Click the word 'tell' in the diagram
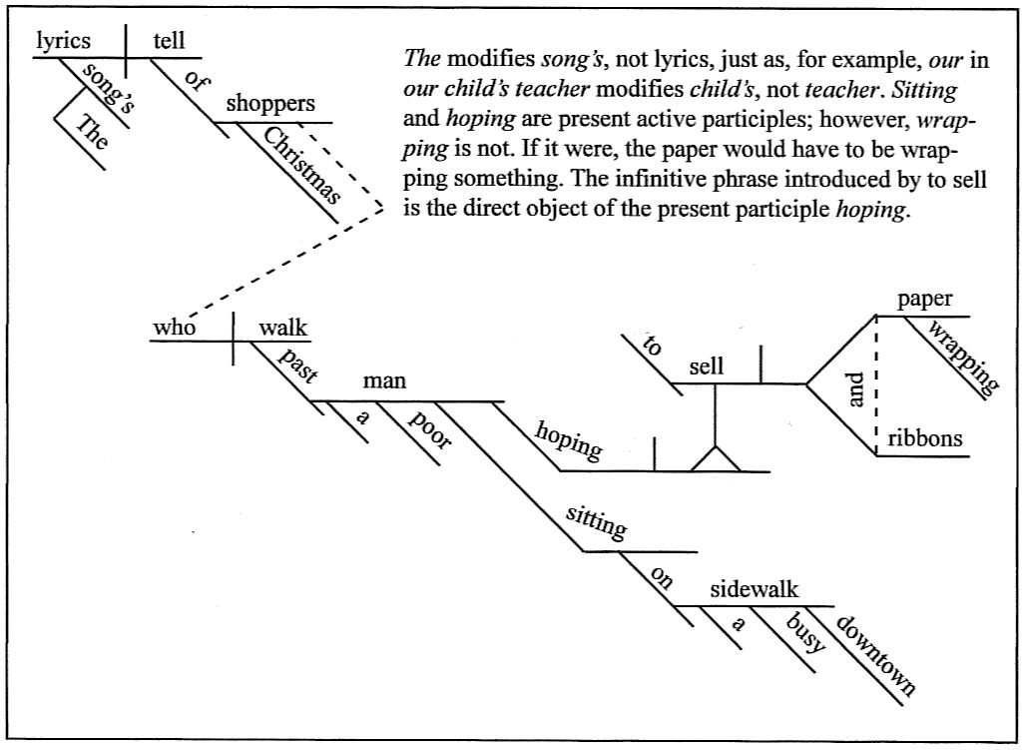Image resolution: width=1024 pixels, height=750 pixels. coord(170,41)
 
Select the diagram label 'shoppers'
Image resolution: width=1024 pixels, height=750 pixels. coord(269,104)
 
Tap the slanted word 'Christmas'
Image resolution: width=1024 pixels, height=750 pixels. coord(302,166)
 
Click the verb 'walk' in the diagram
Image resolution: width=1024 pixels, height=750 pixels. coord(283,328)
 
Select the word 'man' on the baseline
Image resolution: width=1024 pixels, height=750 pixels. coord(384,381)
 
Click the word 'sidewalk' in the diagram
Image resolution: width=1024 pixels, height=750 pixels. coord(755,589)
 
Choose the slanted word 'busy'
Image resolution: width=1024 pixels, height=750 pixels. coord(804,632)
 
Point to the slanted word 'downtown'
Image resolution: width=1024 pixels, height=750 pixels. coord(874,654)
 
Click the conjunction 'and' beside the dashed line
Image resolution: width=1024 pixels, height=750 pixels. coord(854,395)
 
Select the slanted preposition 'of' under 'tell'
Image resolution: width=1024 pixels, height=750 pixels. coord(196,84)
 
